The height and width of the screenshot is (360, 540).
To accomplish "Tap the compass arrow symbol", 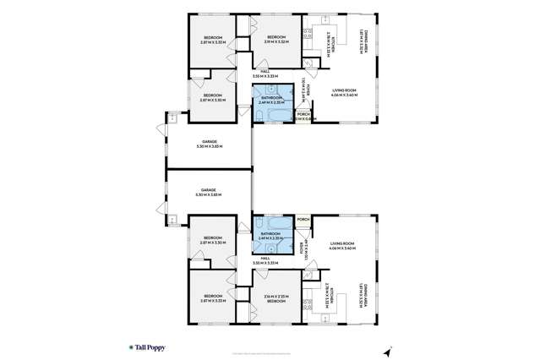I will [x=389, y=350].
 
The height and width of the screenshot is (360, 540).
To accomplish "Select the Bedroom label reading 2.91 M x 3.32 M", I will [x=276, y=39].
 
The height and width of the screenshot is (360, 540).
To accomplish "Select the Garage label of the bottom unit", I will [x=209, y=192].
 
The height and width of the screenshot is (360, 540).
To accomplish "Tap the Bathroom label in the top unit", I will [x=270, y=100].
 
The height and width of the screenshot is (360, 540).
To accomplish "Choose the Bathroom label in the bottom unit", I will [x=270, y=235].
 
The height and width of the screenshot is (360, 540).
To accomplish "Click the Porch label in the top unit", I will [x=303, y=117].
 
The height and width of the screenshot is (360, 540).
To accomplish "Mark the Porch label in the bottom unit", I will [x=303, y=220].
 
